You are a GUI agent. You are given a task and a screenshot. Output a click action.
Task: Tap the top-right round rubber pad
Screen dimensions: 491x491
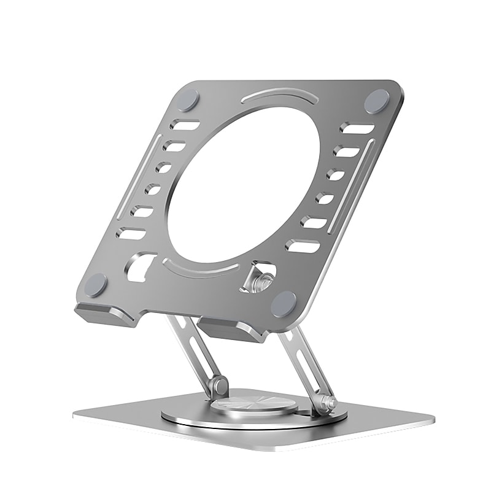click(x=377, y=101)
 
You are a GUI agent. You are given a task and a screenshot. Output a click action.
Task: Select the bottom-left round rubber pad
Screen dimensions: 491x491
click(x=96, y=285)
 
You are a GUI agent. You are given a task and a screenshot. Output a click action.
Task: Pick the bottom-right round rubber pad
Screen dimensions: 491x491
click(x=284, y=303)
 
